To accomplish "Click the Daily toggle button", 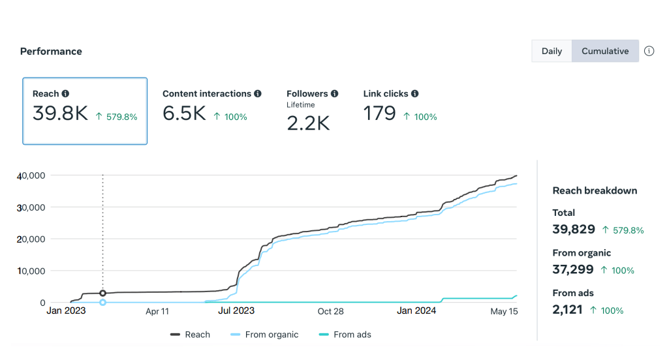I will [551, 51].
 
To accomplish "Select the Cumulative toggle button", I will [605, 51].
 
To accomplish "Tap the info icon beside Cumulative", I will [649, 51].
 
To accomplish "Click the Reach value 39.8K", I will [60, 113].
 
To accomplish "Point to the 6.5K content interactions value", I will [184, 114].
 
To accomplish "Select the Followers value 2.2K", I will [308, 123].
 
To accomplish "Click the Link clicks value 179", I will [379, 114].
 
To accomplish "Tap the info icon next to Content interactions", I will [258, 94].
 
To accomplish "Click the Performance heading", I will [51, 52].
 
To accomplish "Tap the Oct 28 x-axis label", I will [330, 311].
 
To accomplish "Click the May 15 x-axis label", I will [504, 311].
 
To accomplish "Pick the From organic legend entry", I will [264, 335].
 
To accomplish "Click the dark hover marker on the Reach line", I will [102, 293].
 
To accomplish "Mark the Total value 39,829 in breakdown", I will [574, 229].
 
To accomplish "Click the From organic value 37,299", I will [573, 269].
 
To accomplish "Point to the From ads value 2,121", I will [568, 310].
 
